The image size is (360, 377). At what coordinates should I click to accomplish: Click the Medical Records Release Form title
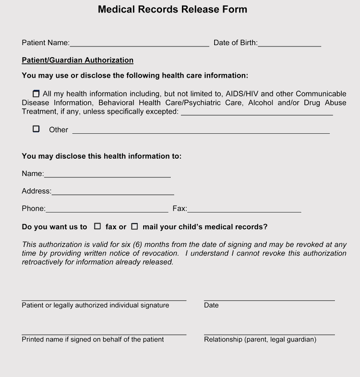click(x=172, y=9)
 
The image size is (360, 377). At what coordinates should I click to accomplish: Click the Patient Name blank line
click(x=139, y=44)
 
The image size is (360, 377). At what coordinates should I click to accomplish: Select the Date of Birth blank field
click(x=289, y=44)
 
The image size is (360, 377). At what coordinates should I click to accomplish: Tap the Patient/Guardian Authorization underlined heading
click(x=77, y=60)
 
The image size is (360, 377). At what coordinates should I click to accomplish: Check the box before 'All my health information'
click(x=36, y=94)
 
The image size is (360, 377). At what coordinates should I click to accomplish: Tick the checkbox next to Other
click(x=36, y=129)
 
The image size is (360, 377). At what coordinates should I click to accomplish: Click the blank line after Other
click(x=201, y=131)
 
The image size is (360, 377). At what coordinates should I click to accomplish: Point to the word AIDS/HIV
click(x=242, y=94)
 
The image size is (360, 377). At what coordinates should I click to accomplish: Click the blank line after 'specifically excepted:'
click(x=257, y=113)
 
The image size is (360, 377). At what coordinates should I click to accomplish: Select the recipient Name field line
click(x=107, y=176)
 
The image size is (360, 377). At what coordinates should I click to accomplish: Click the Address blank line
click(x=113, y=193)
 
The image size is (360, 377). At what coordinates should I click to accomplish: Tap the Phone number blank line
click(x=107, y=210)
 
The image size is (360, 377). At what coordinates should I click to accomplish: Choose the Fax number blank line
click(x=244, y=210)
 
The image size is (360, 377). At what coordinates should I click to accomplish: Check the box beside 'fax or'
click(x=97, y=226)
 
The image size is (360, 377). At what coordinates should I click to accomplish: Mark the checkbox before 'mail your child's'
click(x=134, y=226)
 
